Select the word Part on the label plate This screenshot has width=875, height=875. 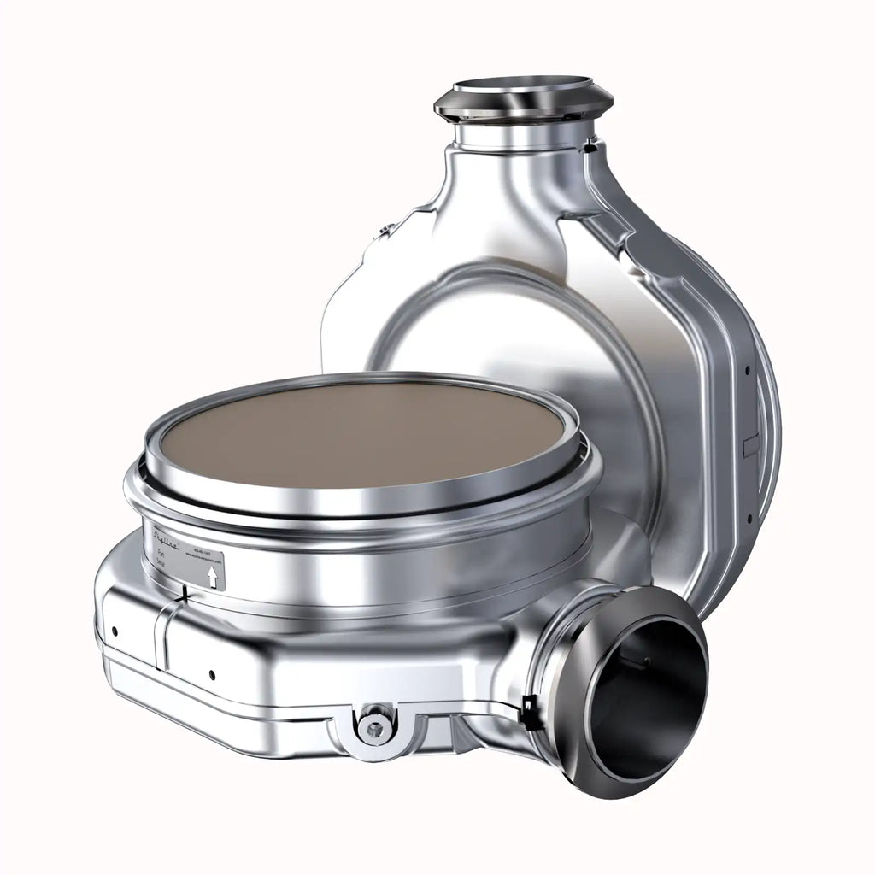[x=160, y=554]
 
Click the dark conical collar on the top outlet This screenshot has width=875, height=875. [x=523, y=107]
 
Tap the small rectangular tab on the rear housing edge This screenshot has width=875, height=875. [x=751, y=445]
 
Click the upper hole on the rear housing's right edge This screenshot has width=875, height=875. [x=748, y=373]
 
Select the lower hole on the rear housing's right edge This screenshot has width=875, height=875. [x=749, y=518]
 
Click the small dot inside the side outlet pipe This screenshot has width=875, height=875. [x=647, y=661]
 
